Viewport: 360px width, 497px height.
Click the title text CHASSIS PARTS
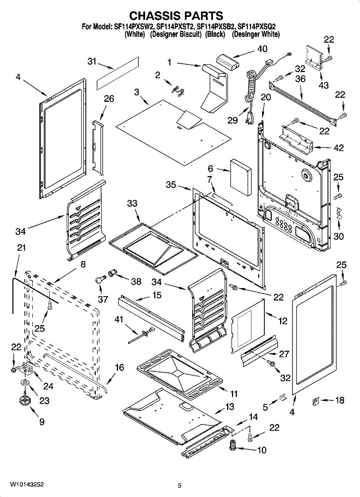(x=176, y=16)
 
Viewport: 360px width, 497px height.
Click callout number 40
(x=262, y=49)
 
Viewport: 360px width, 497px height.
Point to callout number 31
(x=92, y=61)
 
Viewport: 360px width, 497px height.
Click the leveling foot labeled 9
(x=24, y=400)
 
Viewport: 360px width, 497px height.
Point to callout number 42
(x=338, y=148)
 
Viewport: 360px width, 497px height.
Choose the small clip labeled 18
(x=315, y=401)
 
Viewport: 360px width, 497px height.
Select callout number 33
(x=132, y=203)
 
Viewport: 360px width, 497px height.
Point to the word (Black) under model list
(x=215, y=34)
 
